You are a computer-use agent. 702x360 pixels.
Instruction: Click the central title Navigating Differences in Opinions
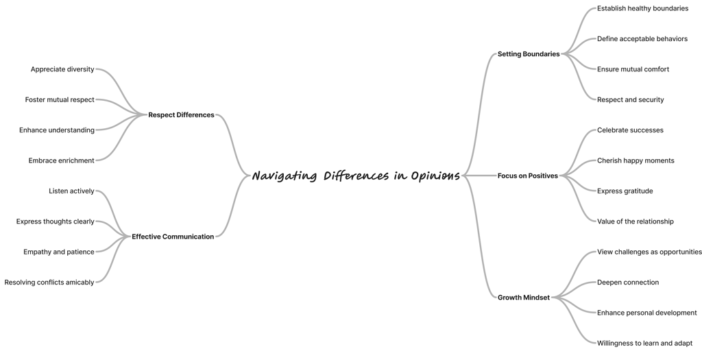[x=356, y=176]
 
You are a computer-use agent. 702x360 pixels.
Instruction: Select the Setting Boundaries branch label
[x=529, y=54]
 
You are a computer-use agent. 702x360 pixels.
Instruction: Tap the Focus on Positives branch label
[x=528, y=176]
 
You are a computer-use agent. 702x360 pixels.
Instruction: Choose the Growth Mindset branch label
[x=524, y=298]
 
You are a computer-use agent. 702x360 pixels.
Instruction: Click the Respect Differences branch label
[x=181, y=115]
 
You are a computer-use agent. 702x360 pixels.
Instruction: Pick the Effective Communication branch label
[x=173, y=237]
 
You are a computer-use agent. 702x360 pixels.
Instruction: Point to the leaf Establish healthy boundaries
[x=642, y=9]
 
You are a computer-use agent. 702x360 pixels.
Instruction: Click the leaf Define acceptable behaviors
[x=642, y=39]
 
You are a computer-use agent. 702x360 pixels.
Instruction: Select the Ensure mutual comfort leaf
[x=633, y=69]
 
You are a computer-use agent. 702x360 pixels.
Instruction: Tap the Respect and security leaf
[x=630, y=100]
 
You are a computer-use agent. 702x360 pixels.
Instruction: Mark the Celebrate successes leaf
[x=630, y=130]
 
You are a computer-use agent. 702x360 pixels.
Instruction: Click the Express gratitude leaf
[x=625, y=191]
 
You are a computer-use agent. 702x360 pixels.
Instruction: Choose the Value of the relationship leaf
[x=635, y=221]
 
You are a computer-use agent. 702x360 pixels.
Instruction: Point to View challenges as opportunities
[x=649, y=252]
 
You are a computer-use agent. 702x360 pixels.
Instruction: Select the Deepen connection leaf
[x=627, y=283]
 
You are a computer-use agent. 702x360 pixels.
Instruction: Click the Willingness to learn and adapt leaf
[x=644, y=344]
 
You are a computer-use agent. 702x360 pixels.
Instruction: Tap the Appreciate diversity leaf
[x=62, y=70]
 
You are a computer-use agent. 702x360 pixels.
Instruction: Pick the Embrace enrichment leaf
[x=62, y=161]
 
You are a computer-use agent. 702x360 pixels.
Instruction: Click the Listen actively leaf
[x=71, y=191]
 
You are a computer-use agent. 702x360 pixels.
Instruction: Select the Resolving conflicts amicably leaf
[x=49, y=283]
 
